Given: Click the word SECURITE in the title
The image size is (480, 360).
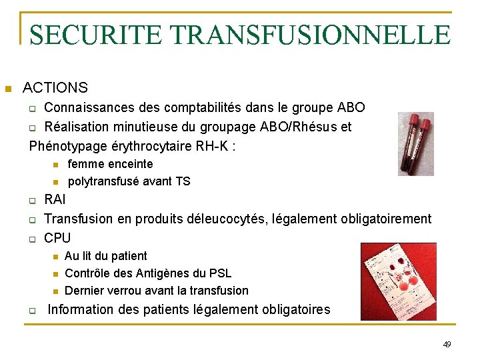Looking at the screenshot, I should click(x=91, y=35).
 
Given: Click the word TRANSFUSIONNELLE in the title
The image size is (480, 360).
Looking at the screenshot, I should click(x=306, y=35).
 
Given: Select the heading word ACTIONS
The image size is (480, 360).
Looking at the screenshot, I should click(x=55, y=87).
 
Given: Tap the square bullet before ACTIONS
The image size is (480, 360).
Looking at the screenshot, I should click(x=8, y=89).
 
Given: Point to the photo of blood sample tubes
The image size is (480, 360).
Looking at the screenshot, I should click(x=415, y=144).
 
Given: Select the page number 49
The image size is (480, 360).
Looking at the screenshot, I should click(x=447, y=344).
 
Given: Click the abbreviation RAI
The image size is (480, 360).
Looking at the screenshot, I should click(x=55, y=200).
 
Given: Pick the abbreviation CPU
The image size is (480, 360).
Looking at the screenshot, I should click(x=57, y=238).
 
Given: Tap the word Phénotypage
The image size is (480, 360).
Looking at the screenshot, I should click(x=65, y=145).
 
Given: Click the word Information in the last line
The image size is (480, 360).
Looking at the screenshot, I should click(x=82, y=309).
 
